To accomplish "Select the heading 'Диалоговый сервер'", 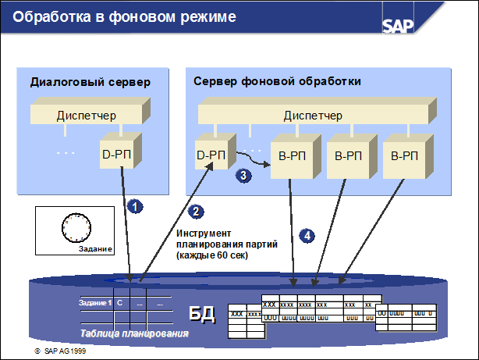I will pos(90,82).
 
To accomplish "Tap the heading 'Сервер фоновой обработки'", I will pos(277,82).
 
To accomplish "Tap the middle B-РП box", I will pos(347,156).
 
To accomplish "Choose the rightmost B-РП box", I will pos(403,156).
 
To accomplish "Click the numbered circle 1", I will pos(135,206).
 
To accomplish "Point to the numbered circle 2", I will pos(197,211).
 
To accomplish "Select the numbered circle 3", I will pos(243,176).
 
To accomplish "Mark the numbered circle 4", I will pos(308,234).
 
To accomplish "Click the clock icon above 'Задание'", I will pos(76,228).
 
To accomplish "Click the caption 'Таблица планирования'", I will pos(134,334).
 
